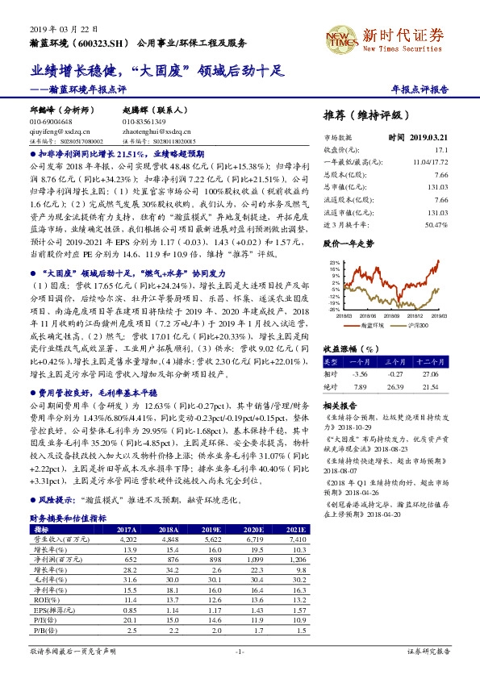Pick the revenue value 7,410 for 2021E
point(297,539)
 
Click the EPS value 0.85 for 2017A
point(128,610)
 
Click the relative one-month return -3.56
point(360,374)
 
